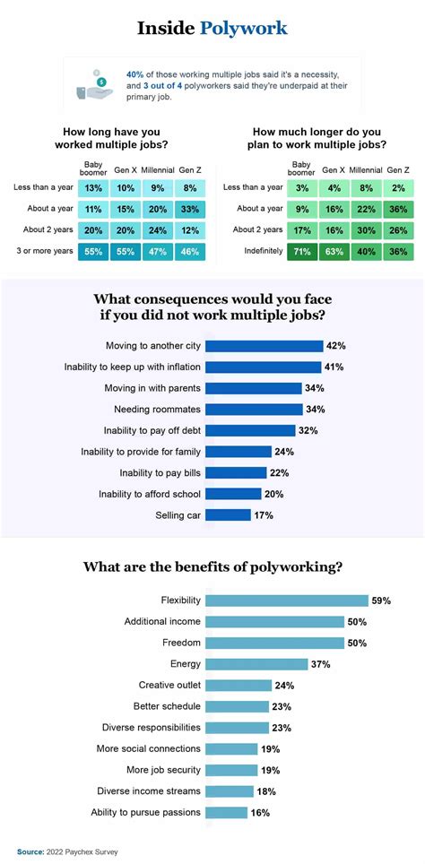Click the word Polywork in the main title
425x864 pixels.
click(244, 29)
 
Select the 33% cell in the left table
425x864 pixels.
click(188, 210)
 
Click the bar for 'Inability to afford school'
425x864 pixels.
click(233, 493)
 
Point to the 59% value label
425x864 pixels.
click(380, 600)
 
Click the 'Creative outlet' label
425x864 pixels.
click(167, 685)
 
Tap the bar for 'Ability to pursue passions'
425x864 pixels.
click(226, 812)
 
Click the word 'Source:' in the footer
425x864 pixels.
click(30, 851)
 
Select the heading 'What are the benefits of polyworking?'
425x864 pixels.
click(212, 566)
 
